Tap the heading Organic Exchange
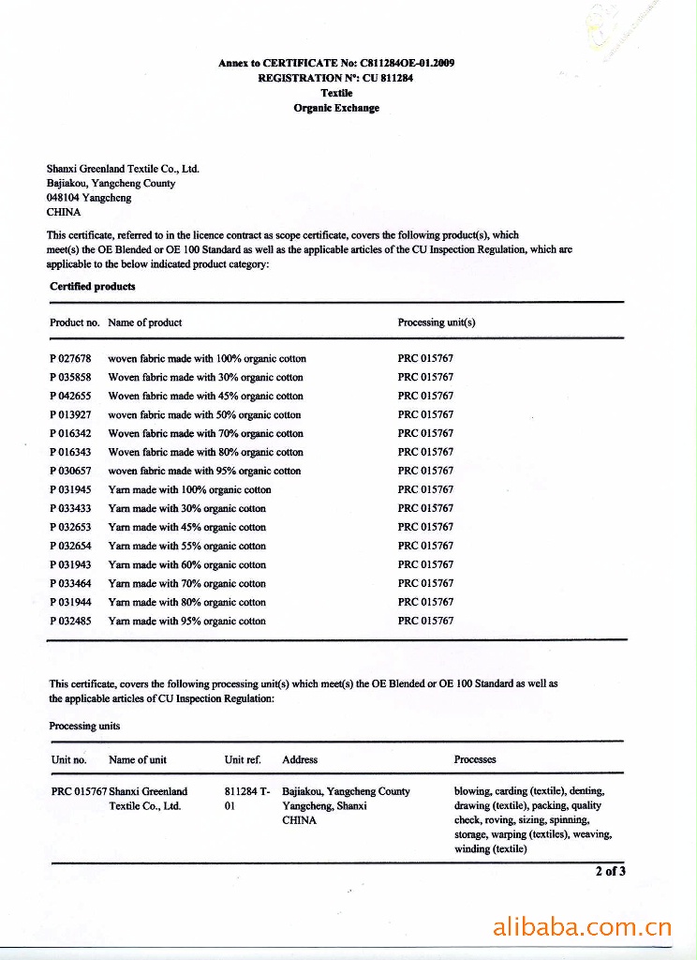[x=336, y=108]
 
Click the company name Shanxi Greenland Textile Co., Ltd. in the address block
[x=123, y=169]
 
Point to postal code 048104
[x=63, y=198]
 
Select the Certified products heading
[x=92, y=286]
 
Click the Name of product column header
[x=145, y=322]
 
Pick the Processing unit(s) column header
[x=437, y=322]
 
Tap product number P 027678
[x=70, y=359]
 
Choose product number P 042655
[x=70, y=397]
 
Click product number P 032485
[x=70, y=622]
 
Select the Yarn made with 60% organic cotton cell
[x=187, y=565]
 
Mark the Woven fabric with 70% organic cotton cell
[x=206, y=434]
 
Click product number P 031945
[x=70, y=490]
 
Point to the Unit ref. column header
[x=243, y=759]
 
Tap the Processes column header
[x=475, y=759]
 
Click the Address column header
[x=300, y=759]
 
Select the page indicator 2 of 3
[x=610, y=871]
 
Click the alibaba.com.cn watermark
[x=582, y=929]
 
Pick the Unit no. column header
[x=68, y=759]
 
